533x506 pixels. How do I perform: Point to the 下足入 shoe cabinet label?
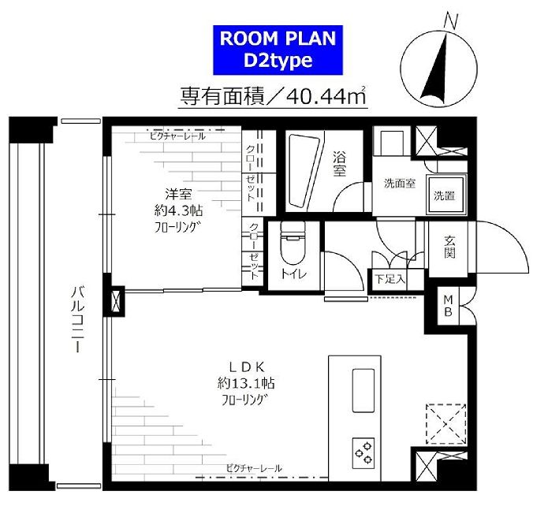pyautogui.click(x=389, y=279)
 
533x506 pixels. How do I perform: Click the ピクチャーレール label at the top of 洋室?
pyautogui.click(x=177, y=136)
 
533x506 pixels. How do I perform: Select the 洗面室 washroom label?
pyautogui.click(x=400, y=183)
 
